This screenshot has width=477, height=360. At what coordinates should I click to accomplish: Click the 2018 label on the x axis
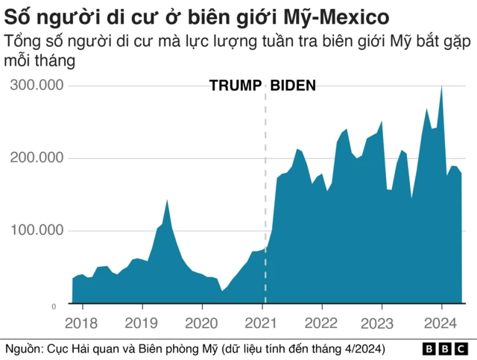tap(82, 323)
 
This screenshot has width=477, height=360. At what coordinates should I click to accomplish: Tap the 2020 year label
tap(202, 323)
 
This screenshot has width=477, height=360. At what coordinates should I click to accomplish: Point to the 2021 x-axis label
tap(262, 323)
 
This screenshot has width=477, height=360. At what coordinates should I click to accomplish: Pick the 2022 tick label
tap(322, 323)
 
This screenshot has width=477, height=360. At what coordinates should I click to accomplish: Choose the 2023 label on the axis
tap(382, 323)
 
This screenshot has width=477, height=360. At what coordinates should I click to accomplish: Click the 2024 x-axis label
tap(442, 323)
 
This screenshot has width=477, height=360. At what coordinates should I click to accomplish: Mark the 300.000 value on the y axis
tap(37, 86)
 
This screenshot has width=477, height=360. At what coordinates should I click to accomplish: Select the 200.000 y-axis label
tap(37, 158)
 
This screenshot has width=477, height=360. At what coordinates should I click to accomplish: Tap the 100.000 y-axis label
tap(37, 231)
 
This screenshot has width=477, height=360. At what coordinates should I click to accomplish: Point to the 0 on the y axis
tap(54, 306)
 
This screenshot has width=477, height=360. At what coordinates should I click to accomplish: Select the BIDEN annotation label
tap(293, 86)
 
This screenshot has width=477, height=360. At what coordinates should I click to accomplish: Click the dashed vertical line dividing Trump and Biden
tap(265, 186)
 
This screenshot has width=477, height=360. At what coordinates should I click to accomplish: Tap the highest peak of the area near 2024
tap(441, 87)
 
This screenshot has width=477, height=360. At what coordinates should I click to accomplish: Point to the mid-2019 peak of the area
tap(167, 200)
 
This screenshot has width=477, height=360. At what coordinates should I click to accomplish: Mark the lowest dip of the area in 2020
tap(222, 291)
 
